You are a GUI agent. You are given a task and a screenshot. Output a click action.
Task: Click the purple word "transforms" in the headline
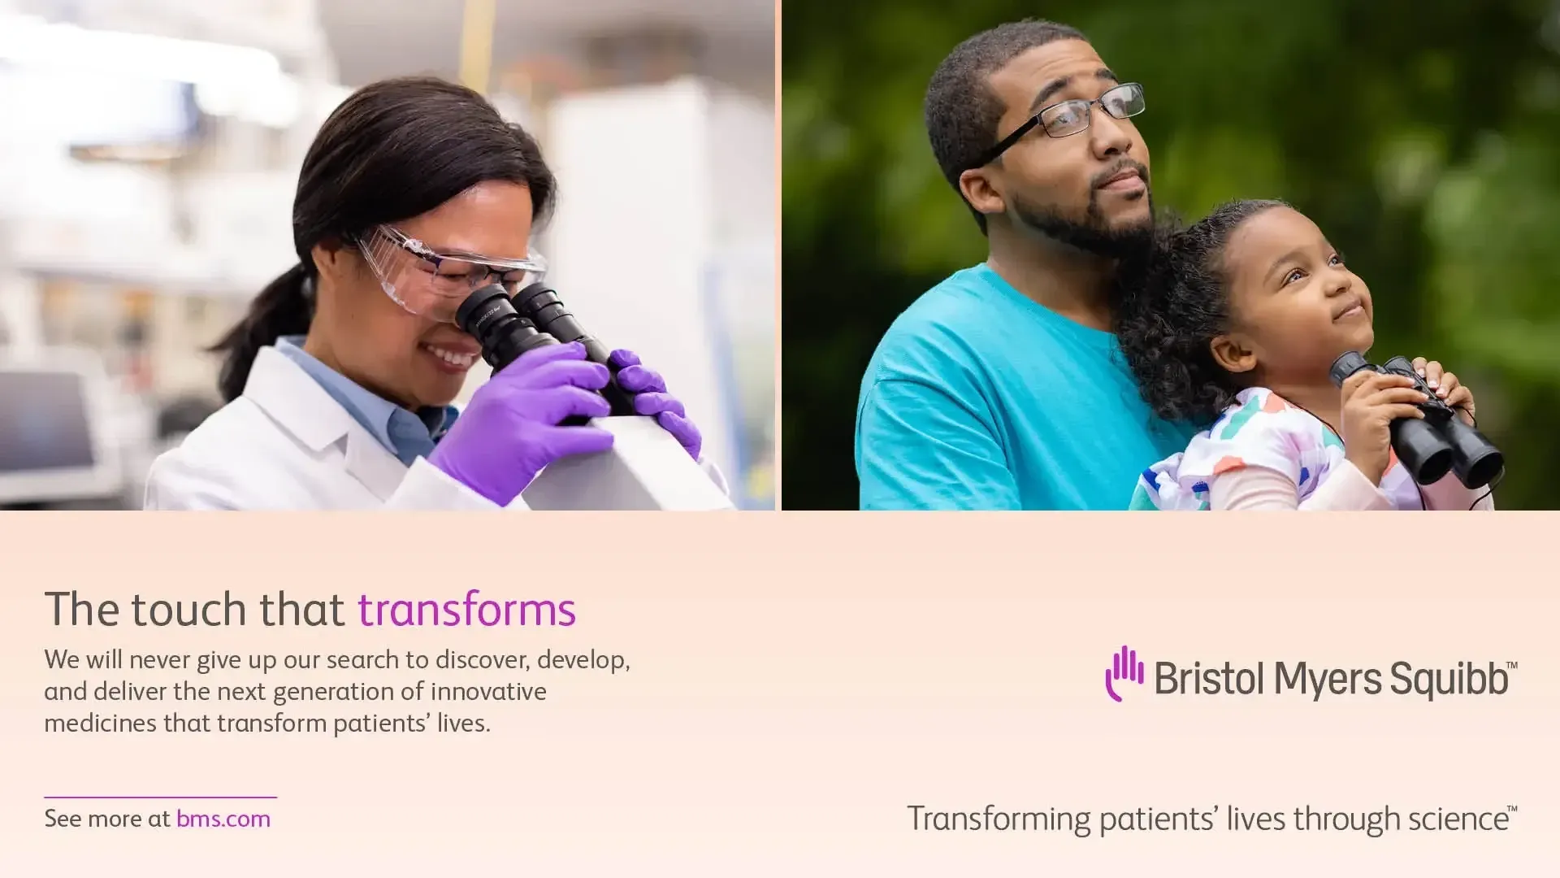pos(466,610)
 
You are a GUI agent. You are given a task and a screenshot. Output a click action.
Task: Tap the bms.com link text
pos(223,819)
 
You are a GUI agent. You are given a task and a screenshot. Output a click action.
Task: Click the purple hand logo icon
pos(1124,673)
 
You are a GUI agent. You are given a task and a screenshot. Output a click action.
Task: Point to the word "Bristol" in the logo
pos(1208,679)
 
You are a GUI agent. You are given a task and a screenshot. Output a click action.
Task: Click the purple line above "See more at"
pos(160,797)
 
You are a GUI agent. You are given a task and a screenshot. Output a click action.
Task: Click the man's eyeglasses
pos(1072,118)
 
